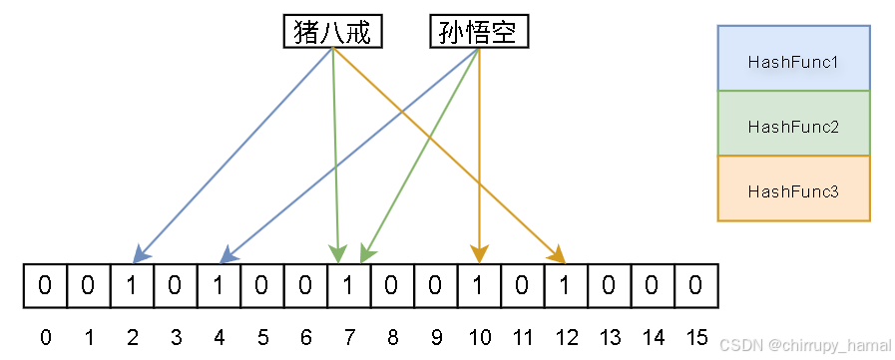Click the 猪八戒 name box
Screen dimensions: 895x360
click(x=332, y=33)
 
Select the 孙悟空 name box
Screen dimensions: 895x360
click(x=479, y=33)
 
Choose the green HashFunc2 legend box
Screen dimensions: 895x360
click(x=793, y=127)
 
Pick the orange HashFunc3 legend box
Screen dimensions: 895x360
click(x=793, y=190)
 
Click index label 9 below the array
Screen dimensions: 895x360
click(x=436, y=337)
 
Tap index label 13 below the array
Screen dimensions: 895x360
click(x=609, y=337)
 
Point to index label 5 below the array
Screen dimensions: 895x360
click(x=262, y=337)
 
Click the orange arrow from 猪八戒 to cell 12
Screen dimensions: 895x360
click(x=449, y=155)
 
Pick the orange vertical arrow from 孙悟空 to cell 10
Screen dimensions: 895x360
click(x=479, y=150)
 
